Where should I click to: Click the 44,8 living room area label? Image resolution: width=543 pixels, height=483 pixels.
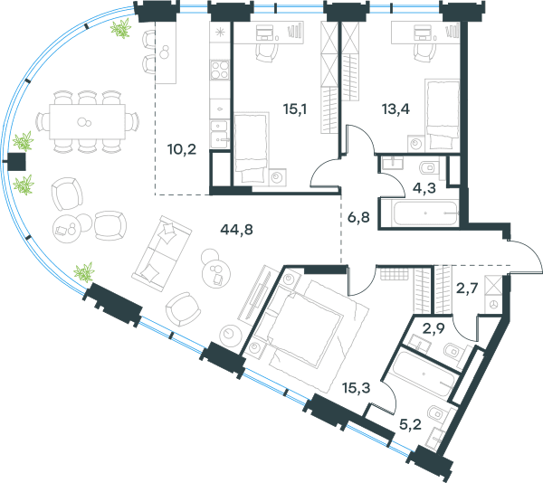click(x=236, y=230)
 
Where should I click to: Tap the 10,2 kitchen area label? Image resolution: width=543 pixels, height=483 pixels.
click(x=182, y=149)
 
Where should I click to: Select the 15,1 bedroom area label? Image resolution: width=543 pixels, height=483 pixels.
click(x=295, y=109)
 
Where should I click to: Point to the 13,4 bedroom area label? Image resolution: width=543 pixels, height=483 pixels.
click(x=395, y=109)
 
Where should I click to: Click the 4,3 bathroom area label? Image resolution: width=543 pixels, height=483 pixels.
click(x=424, y=188)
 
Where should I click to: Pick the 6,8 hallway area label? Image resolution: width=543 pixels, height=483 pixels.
click(x=358, y=218)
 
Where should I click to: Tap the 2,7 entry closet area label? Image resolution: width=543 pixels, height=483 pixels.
click(x=467, y=288)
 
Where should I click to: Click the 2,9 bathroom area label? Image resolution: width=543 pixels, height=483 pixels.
click(x=433, y=328)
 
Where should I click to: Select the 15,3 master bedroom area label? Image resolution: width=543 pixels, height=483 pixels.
click(x=356, y=388)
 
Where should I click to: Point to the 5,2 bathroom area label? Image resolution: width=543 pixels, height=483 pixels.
click(x=410, y=424)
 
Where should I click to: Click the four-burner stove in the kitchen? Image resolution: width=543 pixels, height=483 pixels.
click(x=220, y=70)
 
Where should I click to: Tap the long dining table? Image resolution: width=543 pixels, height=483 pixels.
click(x=87, y=122)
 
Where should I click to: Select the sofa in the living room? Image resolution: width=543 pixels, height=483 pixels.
click(x=161, y=253)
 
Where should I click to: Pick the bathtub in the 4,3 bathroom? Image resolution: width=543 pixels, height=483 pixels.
click(x=426, y=213)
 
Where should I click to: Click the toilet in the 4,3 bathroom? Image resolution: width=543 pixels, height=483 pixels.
click(x=429, y=168)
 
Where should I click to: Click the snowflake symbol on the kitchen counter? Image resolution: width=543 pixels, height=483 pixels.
click(x=220, y=33)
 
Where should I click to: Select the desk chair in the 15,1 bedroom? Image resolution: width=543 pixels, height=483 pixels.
click(x=267, y=52)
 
